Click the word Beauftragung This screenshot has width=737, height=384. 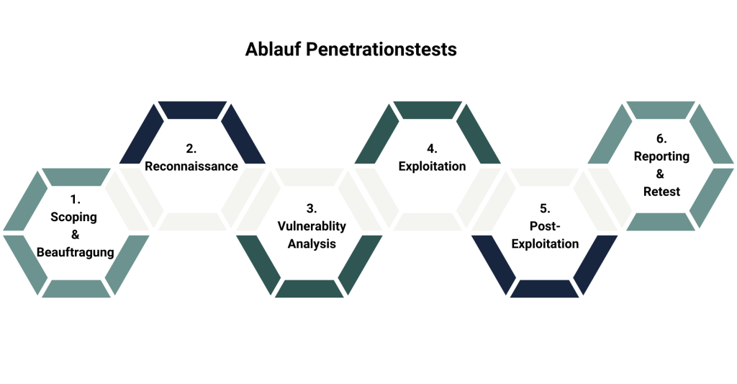click(76, 251)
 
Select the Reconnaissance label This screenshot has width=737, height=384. click(191, 166)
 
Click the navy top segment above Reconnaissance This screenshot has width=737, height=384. click(191, 110)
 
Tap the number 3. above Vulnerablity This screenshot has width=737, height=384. click(312, 209)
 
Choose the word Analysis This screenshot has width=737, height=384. click(312, 244)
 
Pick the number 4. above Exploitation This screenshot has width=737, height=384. click(432, 149)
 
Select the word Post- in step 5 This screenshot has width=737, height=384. click(545, 226)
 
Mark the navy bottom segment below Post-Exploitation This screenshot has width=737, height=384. click(544, 289)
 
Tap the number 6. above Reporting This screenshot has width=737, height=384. click(661, 139)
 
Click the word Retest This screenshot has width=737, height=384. click(661, 192)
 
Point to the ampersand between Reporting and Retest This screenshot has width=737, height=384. click(661, 174)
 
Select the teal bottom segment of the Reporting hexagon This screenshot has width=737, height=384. click(661, 223)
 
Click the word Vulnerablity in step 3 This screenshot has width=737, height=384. click(312, 226)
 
